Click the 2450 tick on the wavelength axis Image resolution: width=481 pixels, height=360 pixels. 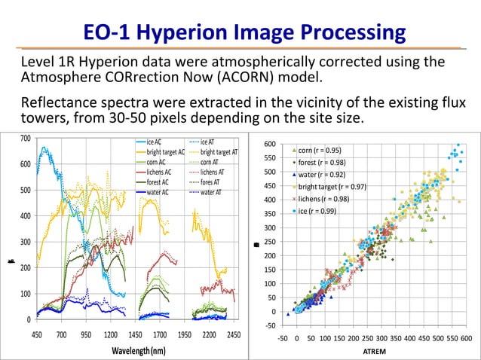click(x=233, y=333)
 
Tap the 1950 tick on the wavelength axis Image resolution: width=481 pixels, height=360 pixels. click(x=185, y=333)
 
